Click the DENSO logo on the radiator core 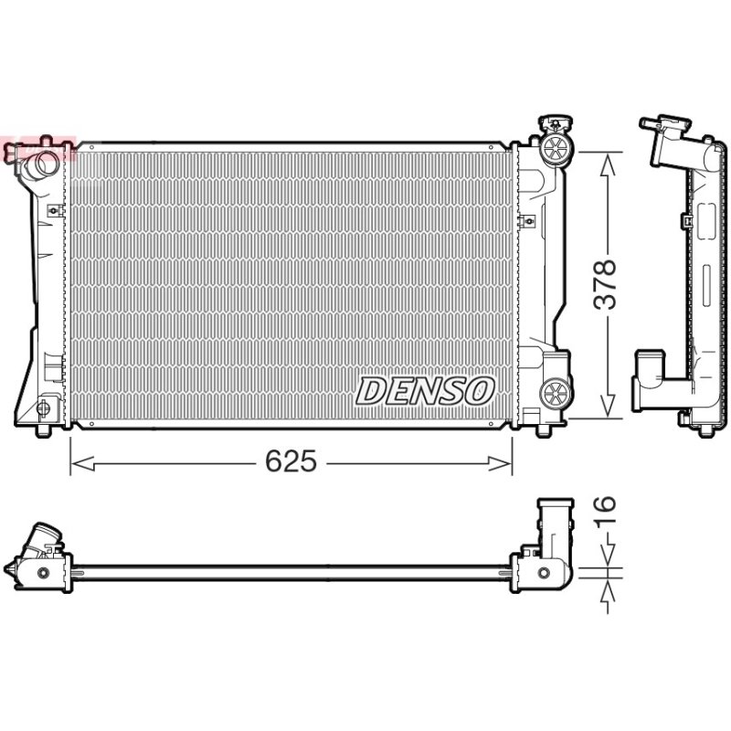tap(425, 391)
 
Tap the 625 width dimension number tap(291, 461)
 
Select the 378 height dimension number tap(605, 285)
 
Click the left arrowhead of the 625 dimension tap(82, 464)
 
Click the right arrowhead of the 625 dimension tap(500, 464)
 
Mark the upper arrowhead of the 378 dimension tap(607, 166)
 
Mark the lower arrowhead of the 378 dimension tap(607, 405)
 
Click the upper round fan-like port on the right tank tap(556, 149)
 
